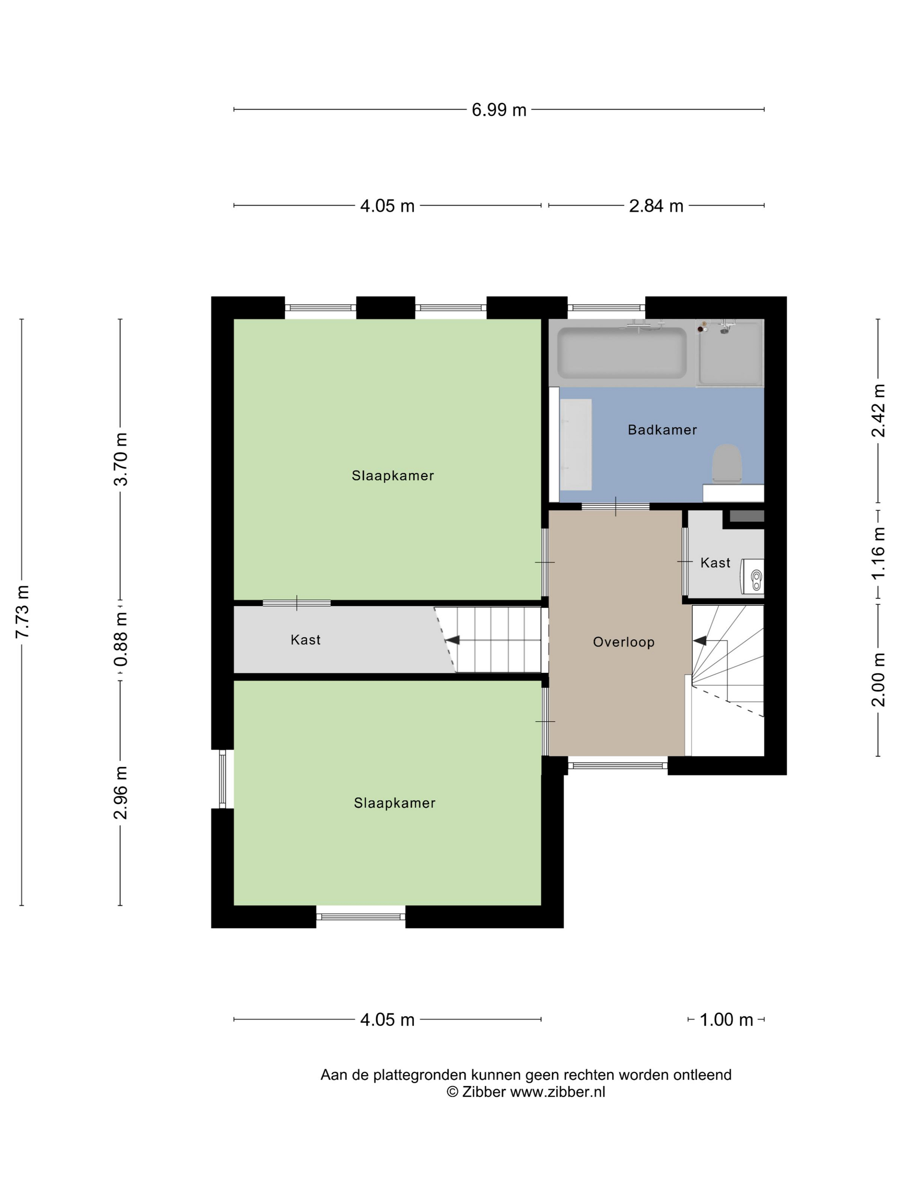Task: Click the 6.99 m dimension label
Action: pyautogui.click(x=498, y=110)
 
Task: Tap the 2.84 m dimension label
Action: pyautogui.click(x=655, y=206)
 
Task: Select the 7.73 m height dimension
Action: pyautogui.click(x=22, y=612)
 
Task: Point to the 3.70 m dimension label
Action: pyautogui.click(x=120, y=459)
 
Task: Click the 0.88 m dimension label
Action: pyautogui.click(x=120, y=639)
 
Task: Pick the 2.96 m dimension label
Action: pyautogui.click(x=120, y=792)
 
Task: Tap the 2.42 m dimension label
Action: pyautogui.click(x=878, y=411)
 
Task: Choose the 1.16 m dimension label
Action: pyautogui.click(x=878, y=553)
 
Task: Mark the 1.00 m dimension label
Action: pyautogui.click(x=726, y=1019)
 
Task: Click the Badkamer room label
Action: pyautogui.click(x=662, y=430)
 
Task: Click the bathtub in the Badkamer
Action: pyautogui.click(x=622, y=353)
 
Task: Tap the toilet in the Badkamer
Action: pyautogui.click(x=726, y=463)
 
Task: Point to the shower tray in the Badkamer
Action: pyautogui.click(x=730, y=353)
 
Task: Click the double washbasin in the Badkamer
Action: pyautogui.click(x=575, y=444)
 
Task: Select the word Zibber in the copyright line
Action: pyautogui.click(x=483, y=1092)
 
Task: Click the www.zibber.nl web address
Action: pyautogui.click(x=558, y=1092)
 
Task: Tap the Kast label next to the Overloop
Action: pyautogui.click(x=715, y=563)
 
